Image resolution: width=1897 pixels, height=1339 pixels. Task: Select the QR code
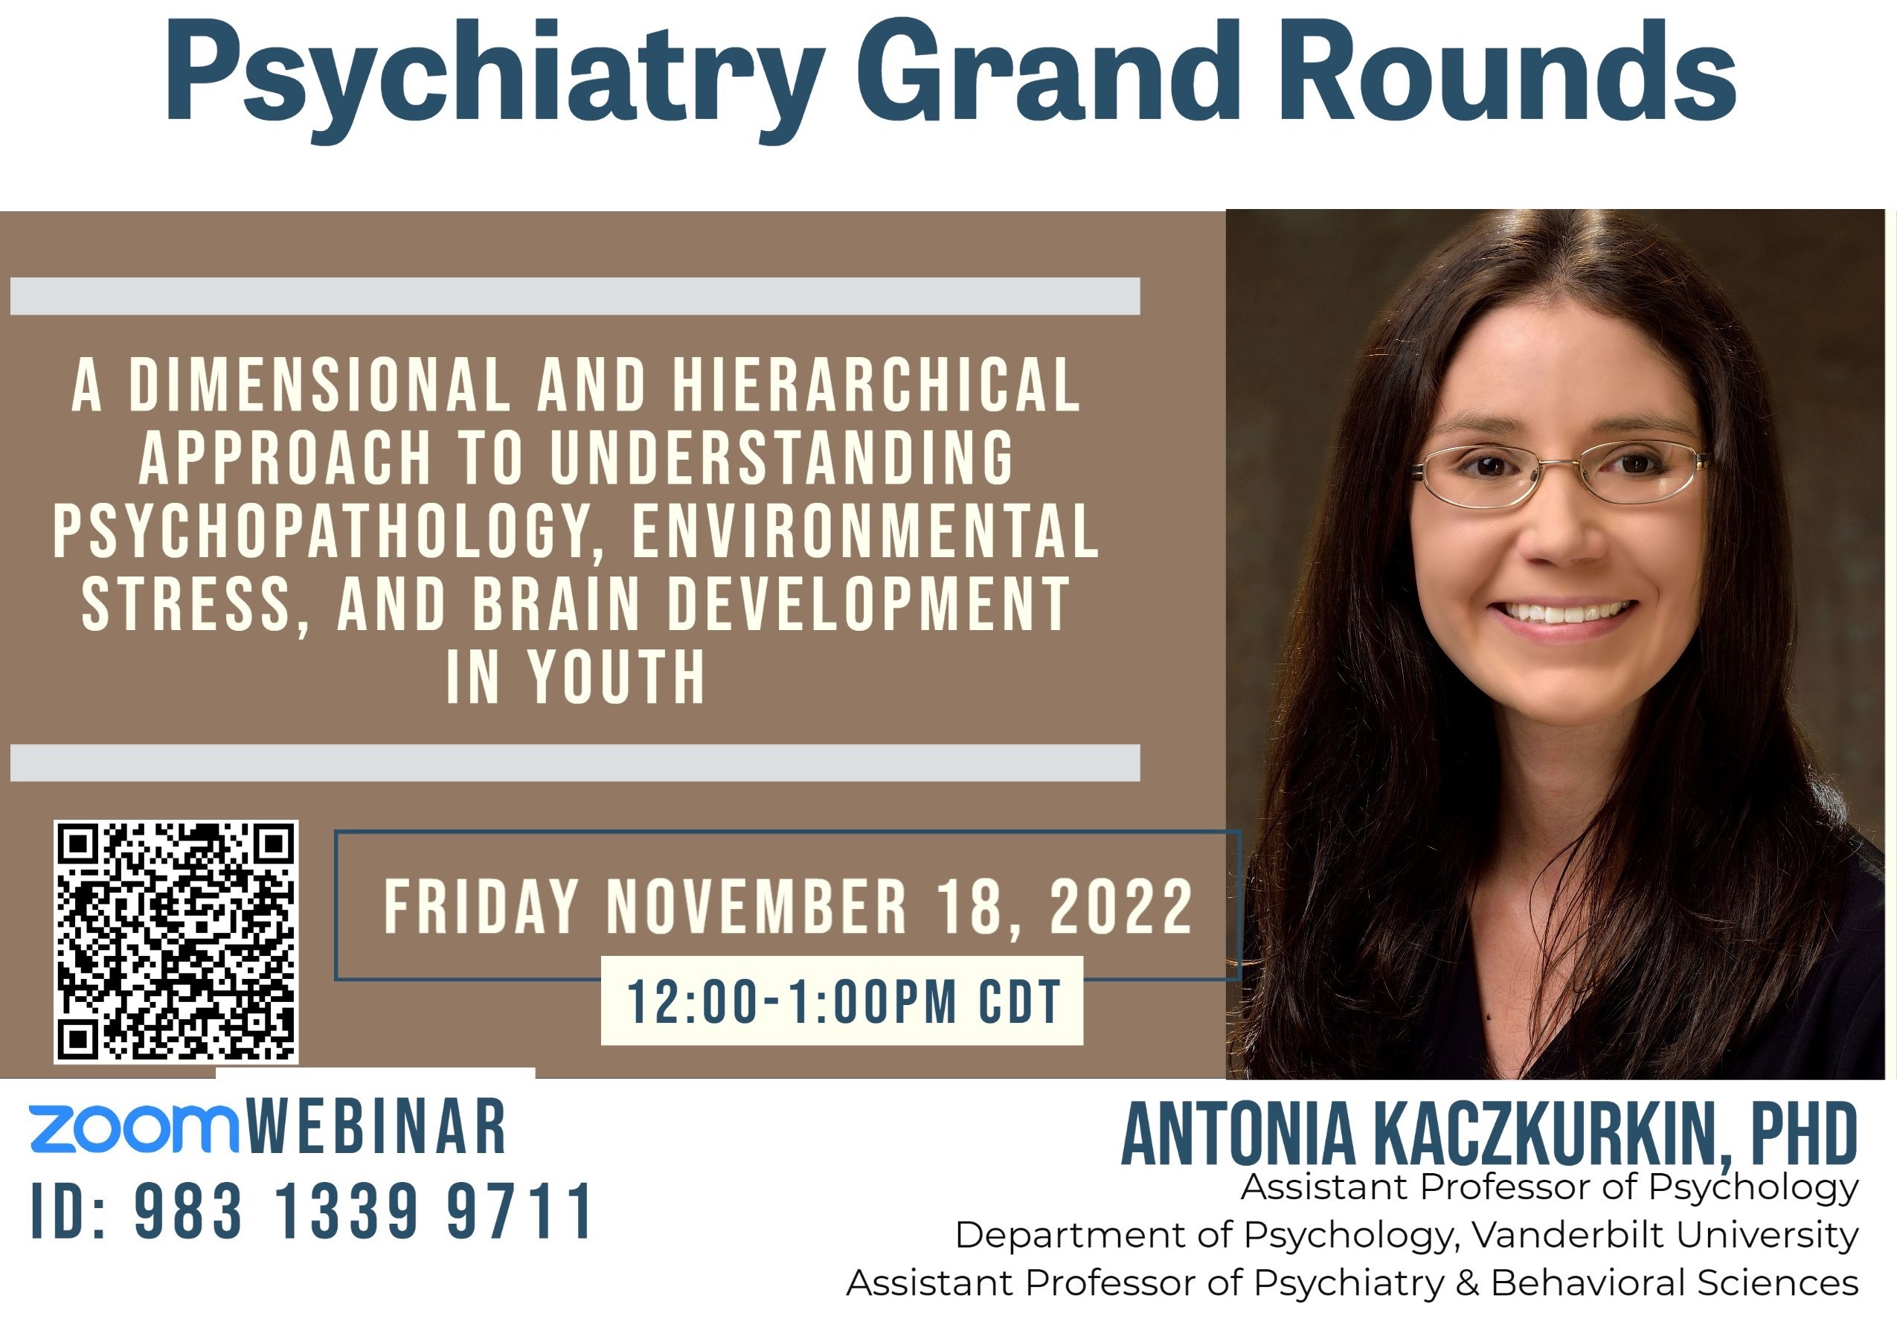(176, 942)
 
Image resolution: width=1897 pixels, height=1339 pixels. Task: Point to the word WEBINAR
(376, 1127)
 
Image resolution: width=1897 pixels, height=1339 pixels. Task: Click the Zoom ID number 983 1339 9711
(364, 1211)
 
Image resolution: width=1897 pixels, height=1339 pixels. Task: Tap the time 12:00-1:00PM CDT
(844, 1002)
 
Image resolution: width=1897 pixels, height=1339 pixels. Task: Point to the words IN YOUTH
(576, 678)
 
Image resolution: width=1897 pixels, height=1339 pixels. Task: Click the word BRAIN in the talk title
(556, 605)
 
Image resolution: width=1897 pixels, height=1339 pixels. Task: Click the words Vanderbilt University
(1665, 1235)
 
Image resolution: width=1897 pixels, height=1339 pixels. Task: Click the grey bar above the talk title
(575, 297)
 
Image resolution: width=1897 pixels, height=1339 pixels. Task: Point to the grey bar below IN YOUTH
(575, 762)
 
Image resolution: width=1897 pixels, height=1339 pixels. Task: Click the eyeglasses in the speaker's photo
(1560, 474)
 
